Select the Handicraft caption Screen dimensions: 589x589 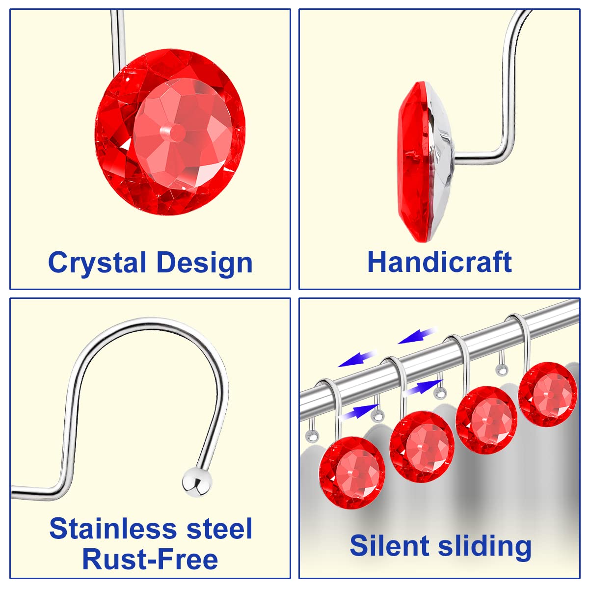point(439,262)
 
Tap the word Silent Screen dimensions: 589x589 point(389,546)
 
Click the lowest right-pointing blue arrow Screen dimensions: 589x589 point(361,412)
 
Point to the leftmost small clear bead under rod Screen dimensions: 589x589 point(312,435)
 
